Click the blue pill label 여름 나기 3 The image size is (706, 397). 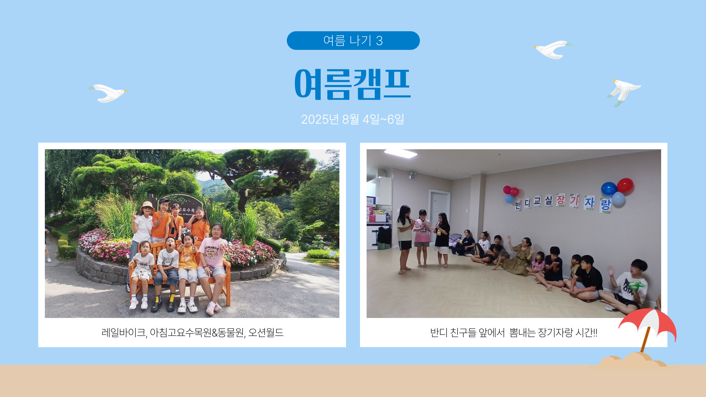(x=353, y=40)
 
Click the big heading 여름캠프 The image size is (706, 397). (x=353, y=84)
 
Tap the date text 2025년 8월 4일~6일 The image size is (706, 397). (x=353, y=119)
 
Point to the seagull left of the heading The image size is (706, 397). (x=107, y=93)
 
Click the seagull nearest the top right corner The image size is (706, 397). (x=553, y=49)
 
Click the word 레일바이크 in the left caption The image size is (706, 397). (x=124, y=333)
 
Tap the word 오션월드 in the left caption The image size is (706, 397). (x=266, y=333)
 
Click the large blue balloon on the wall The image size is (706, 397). (x=609, y=189)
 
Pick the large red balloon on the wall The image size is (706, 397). (x=625, y=185)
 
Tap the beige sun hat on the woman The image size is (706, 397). (x=147, y=207)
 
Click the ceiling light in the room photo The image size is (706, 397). (x=400, y=153)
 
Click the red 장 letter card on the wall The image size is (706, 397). (x=560, y=200)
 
